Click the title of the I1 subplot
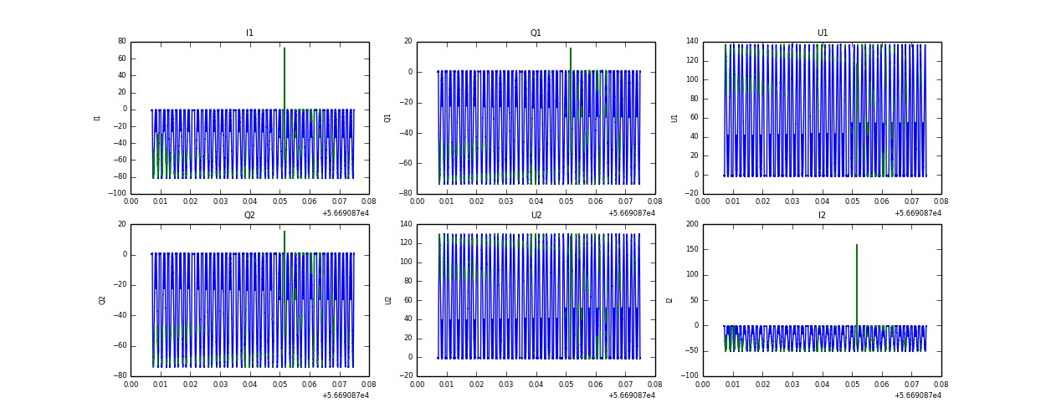[x=249, y=33]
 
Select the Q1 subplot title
[x=536, y=33]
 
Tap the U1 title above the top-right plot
[x=822, y=33]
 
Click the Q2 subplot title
[x=249, y=216]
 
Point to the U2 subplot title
[x=536, y=216]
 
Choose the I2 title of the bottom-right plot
[x=822, y=216]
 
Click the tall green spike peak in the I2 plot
[x=857, y=245]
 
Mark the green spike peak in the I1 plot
[x=285, y=48]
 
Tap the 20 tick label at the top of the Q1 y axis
[x=408, y=42]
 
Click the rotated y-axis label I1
[x=97, y=118]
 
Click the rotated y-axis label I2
[x=669, y=300]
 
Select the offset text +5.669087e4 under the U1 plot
[x=917, y=213]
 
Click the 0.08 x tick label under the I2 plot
[x=941, y=385]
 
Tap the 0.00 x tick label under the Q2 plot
[x=131, y=385]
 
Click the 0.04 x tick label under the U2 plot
[x=536, y=385]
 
